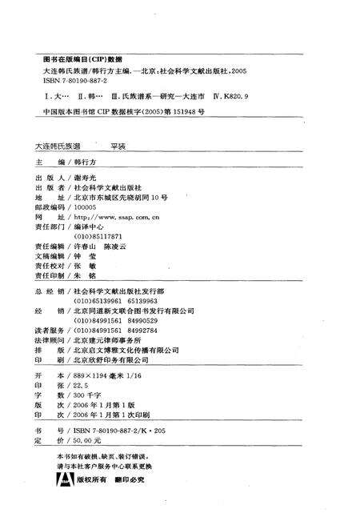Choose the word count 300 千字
pos(87,395)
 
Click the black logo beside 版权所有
pos(62,480)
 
